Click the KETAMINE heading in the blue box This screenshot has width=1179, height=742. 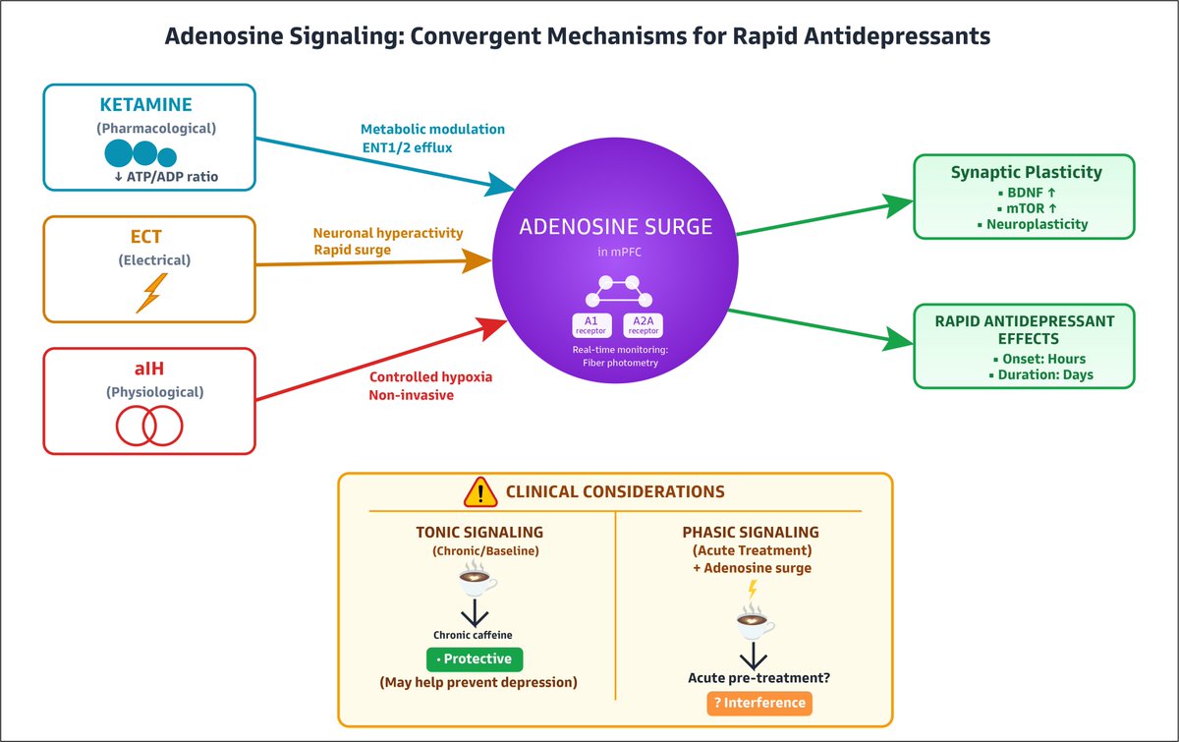coord(145,105)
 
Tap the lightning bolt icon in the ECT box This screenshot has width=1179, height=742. coord(152,293)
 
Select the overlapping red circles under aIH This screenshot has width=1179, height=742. coord(149,426)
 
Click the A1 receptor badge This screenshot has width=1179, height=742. coord(591,325)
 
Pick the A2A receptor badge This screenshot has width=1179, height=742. coord(644,325)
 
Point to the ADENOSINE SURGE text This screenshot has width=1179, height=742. coord(616,226)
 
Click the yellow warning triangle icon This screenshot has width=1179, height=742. coord(480,491)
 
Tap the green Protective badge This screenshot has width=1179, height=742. coord(475,659)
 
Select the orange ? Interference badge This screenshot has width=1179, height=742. coord(759,703)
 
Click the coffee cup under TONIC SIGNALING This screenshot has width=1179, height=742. coord(477,577)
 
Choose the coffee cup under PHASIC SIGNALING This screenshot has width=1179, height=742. coord(755,621)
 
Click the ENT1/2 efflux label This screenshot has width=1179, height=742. coord(407,148)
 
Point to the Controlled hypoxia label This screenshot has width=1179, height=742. coord(430,377)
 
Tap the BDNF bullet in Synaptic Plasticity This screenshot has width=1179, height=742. coord(1027,193)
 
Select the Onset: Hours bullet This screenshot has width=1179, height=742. coord(1039,359)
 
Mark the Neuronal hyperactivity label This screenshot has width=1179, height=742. coord(388,233)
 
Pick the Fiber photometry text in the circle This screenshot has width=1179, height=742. coord(620,363)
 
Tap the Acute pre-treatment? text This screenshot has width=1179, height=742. coord(758,678)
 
